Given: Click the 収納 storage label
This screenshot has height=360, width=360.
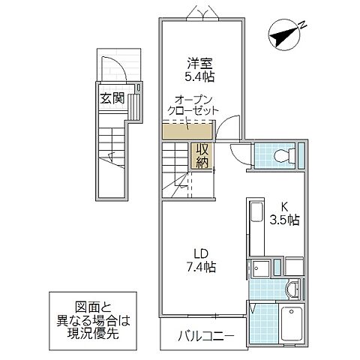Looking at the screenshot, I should click(200, 154).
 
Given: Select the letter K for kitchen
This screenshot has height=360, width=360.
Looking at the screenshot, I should click(284, 208).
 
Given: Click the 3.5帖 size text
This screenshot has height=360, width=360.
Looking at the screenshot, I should click(284, 220).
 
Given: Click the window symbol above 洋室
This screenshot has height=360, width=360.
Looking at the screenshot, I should click(202, 13).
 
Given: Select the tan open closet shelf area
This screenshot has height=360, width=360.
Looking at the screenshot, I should click(180, 132).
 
